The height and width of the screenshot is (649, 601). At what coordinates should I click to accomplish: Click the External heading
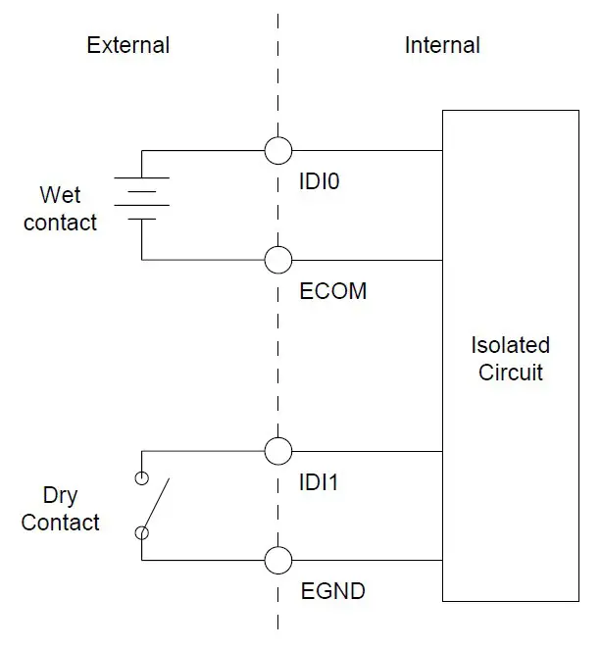(x=127, y=45)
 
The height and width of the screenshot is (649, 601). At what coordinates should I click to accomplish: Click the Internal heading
(x=442, y=45)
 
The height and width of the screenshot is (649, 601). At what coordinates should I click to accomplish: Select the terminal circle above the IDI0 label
(x=278, y=150)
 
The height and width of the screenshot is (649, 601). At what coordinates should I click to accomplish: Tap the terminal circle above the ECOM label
(x=278, y=260)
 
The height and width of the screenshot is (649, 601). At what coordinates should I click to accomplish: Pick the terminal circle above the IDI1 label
(x=278, y=451)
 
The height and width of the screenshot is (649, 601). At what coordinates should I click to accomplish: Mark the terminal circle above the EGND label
(x=278, y=561)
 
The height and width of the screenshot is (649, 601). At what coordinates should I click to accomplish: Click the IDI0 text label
(x=319, y=181)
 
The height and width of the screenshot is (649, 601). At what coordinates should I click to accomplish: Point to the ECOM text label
(x=332, y=291)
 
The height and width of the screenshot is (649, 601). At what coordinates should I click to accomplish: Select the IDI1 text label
(x=319, y=482)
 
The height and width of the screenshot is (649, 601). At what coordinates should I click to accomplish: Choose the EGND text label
(x=331, y=592)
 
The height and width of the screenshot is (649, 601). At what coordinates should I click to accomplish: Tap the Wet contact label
(x=60, y=209)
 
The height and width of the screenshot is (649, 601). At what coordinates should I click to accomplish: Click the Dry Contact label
(x=60, y=509)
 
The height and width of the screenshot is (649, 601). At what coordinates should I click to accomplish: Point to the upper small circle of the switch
(x=142, y=478)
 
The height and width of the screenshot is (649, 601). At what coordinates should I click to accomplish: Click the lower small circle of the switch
(x=142, y=533)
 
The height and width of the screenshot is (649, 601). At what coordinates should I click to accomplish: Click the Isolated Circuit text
(x=510, y=359)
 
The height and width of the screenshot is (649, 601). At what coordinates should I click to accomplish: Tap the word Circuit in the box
(x=510, y=373)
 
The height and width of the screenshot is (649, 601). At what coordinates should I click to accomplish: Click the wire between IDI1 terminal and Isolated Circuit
(x=367, y=451)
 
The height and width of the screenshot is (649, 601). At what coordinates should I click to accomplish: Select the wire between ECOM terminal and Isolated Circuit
(x=367, y=260)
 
